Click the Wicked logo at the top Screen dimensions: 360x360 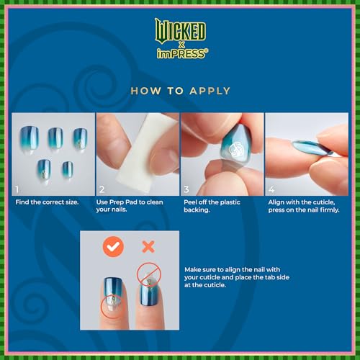pyautogui.click(x=179, y=30)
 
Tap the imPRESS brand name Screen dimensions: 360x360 pyautogui.click(x=180, y=53)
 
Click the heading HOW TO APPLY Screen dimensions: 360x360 pyautogui.click(x=180, y=91)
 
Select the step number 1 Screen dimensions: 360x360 pyautogui.click(x=17, y=189)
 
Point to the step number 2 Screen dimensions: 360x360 pyautogui.click(x=102, y=189)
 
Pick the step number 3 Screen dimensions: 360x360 pyautogui.click(x=186, y=189)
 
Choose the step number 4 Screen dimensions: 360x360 pyautogui.click(x=271, y=189)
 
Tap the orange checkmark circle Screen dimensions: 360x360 pyautogui.click(x=113, y=247)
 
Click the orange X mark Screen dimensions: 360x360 pyautogui.click(x=148, y=247)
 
